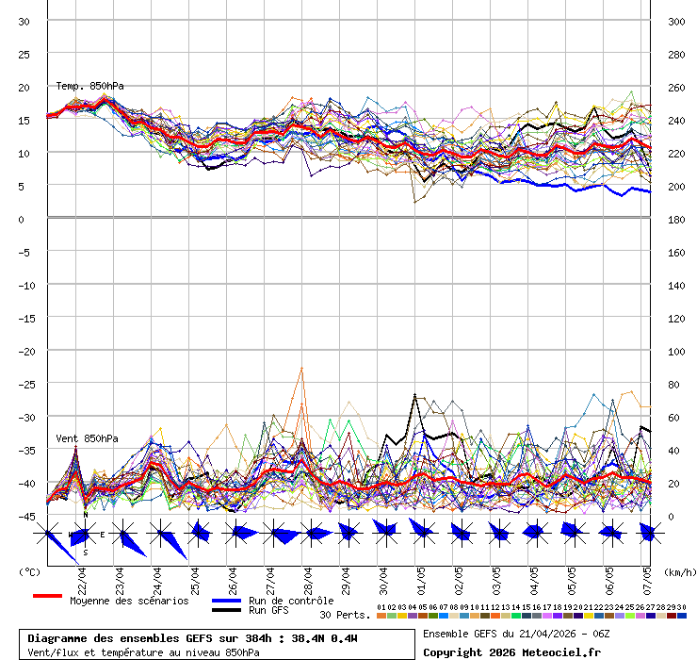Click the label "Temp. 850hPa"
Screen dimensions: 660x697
89,86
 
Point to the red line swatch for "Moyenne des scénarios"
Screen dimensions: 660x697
47,596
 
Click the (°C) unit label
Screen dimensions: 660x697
30,571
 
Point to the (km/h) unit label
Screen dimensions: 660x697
678,571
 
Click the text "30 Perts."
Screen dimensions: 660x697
344,615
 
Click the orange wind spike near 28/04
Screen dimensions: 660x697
301,371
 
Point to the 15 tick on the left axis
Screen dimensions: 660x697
25,120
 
